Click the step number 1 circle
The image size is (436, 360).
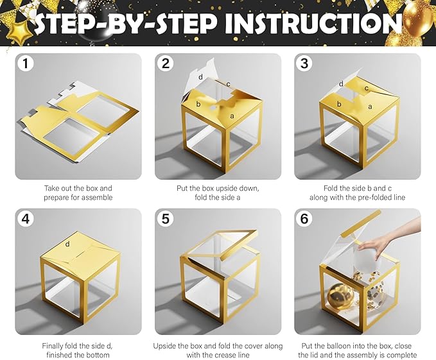point(26,64)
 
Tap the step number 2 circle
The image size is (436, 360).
point(166,64)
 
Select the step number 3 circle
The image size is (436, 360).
point(305,64)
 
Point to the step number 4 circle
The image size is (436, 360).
point(26,219)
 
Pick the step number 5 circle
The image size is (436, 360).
point(166,219)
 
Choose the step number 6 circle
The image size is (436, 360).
point(305,219)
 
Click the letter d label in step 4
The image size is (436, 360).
point(67,244)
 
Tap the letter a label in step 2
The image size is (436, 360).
point(232,116)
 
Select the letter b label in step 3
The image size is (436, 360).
point(339,104)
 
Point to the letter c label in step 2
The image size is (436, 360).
point(228,84)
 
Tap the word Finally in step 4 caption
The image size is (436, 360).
point(53,346)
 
